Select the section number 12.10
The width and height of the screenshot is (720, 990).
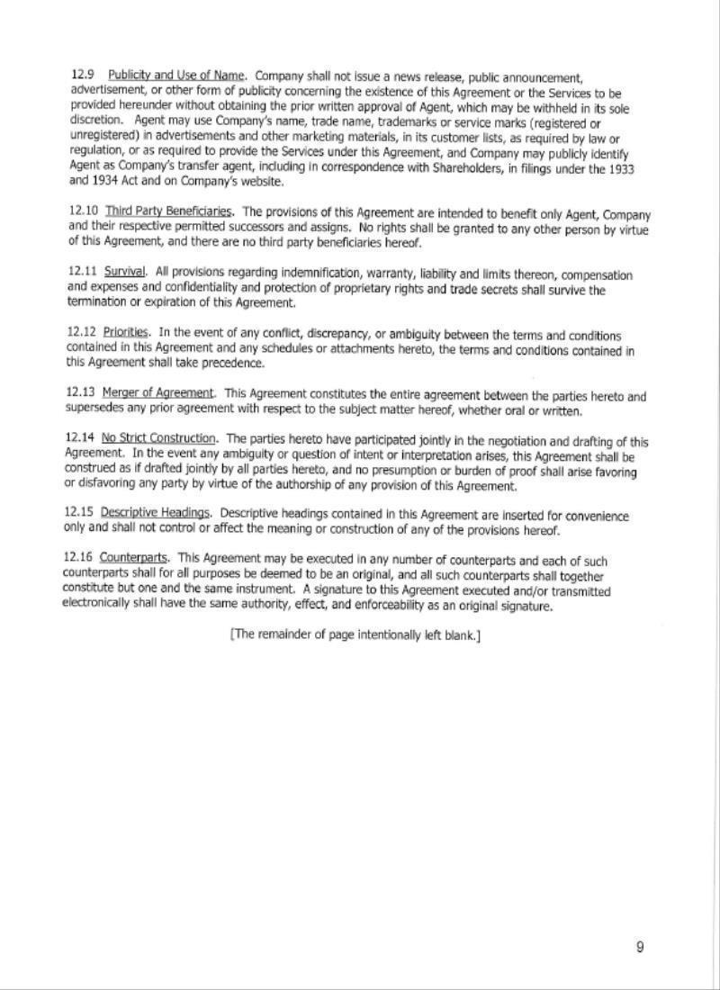click(83, 211)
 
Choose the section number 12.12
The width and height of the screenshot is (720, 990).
click(81, 332)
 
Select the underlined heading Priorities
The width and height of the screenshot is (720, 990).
click(126, 332)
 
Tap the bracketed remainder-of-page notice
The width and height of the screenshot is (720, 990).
click(355, 635)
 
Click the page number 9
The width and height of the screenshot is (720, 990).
click(640, 947)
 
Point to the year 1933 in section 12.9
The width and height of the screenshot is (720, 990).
click(634, 168)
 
